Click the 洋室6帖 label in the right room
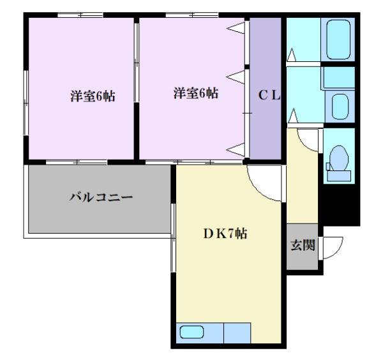[x=195, y=93]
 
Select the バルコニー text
[x=101, y=197]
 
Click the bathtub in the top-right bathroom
[x=339, y=40]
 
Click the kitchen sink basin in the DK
[x=191, y=332]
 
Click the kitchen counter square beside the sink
[x=237, y=333]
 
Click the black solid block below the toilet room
[x=337, y=204]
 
